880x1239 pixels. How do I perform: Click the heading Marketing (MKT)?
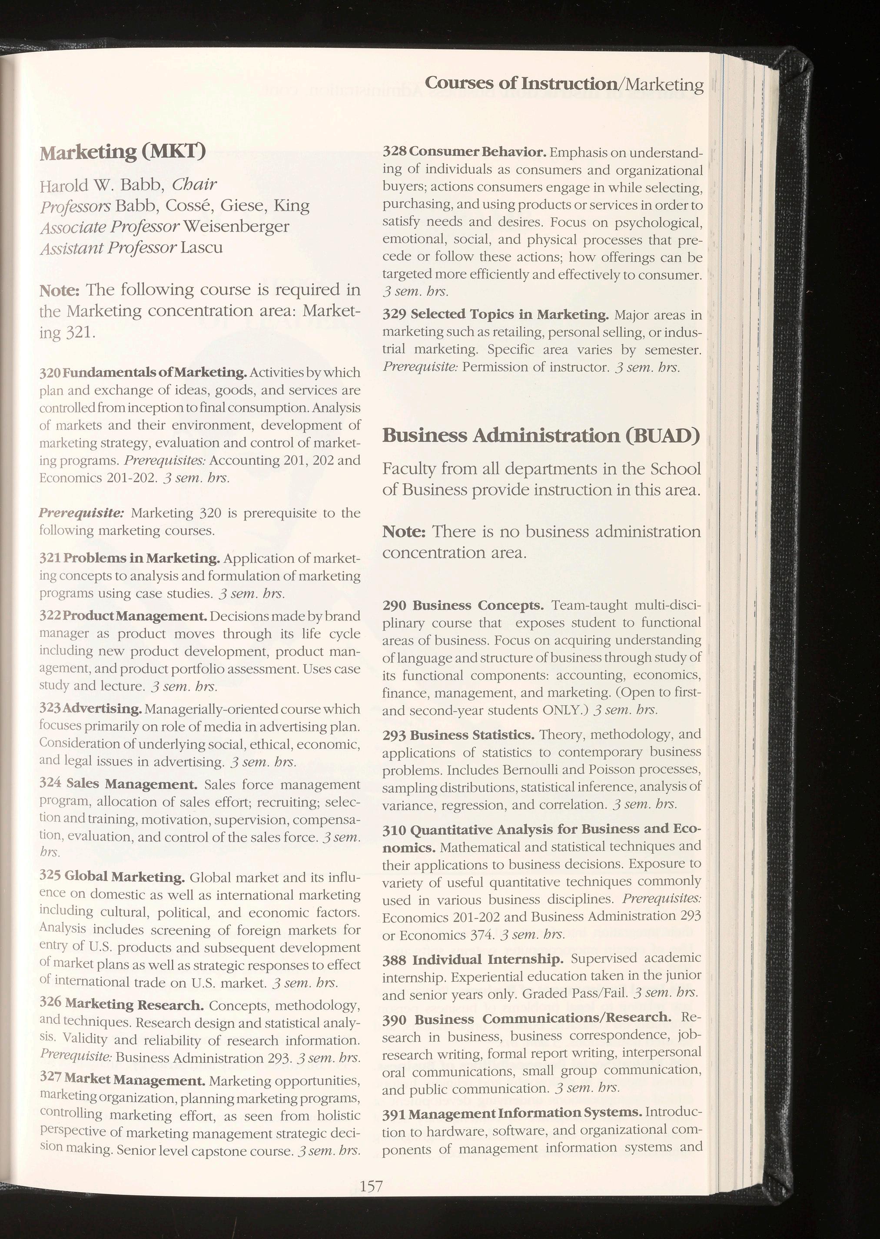(123, 152)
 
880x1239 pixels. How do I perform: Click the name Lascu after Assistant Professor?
(202, 247)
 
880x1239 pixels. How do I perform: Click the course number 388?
(394, 960)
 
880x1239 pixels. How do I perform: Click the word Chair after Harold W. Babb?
(194, 185)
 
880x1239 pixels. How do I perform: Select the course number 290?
(394, 605)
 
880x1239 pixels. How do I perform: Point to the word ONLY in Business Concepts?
(562, 709)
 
